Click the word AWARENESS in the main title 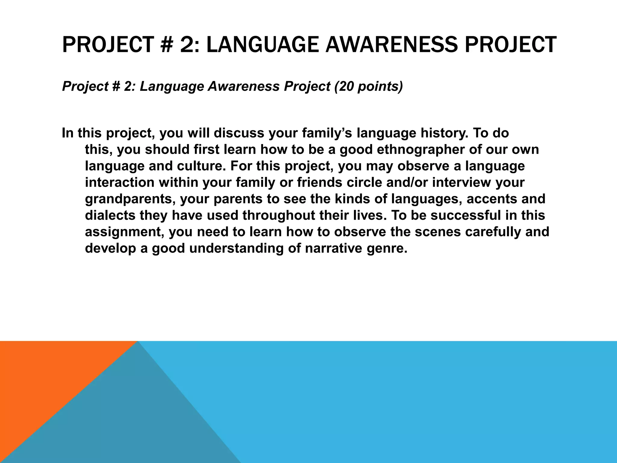pyautogui.click(x=391, y=45)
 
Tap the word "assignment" pyautogui.click(x=124, y=232)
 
